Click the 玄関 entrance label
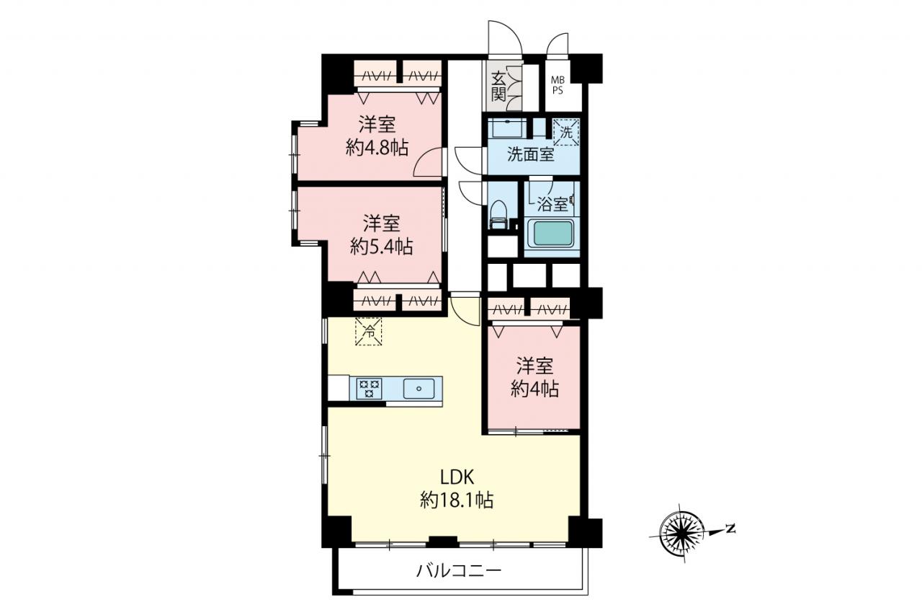[x=498, y=87]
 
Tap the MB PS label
[x=558, y=86]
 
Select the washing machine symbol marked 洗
[x=566, y=132]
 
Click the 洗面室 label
[x=531, y=155]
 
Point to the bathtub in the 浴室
[x=554, y=234]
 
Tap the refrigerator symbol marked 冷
[x=369, y=331]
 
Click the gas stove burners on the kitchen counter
[x=370, y=389]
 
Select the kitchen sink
[x=419, y=389]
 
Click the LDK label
[x=457, y=477]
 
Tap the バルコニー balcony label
[x=459, y=571]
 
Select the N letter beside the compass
[x=730, y=528]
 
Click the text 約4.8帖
[x=377, y=148]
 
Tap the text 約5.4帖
[x=382, y=247]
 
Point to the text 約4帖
[x=534, y=389]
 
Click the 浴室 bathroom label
[x=552, y=204]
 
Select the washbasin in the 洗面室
[x=507, y=128]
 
